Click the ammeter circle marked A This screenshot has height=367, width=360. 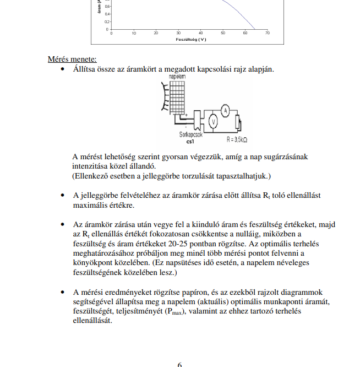(224, 111)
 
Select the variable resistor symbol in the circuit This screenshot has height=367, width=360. (238, 121)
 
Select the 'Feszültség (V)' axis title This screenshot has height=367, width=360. (191, 40)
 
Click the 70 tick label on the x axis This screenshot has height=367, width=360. (267, 34)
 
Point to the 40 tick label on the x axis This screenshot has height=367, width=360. (200, 34)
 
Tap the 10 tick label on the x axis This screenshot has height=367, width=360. (134, 34)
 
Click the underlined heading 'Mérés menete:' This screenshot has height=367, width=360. (72, 59)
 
